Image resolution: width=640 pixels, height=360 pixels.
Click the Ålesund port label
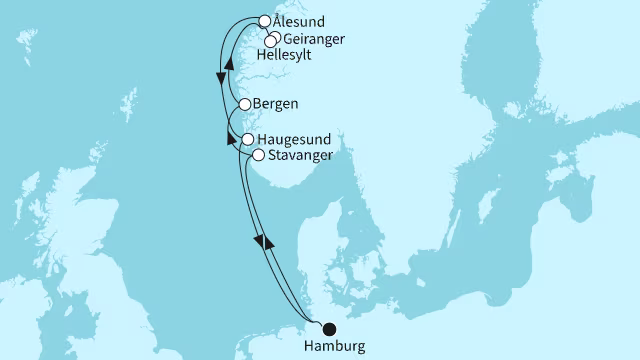point(299,21)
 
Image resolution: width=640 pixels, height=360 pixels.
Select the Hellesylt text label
point(285,56)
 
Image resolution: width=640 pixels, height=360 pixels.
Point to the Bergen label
point(277,104)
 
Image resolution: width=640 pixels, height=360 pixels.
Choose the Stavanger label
point(300,156)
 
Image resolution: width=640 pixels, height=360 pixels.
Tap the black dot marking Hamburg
point(328,327)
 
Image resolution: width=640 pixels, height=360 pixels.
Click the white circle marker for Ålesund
point(264,20)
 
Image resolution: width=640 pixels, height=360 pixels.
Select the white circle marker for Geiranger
point(274,36)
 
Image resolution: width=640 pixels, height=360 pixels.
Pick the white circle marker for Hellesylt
point(269,42)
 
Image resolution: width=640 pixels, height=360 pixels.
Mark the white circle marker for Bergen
point(244,104)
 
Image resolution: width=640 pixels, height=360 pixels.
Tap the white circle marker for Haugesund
point(247,139)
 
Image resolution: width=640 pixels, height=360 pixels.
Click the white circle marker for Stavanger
point(258,155)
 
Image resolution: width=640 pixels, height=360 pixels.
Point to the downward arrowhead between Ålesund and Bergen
point(220,79)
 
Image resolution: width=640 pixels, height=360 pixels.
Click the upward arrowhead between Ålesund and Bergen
point(231,62)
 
